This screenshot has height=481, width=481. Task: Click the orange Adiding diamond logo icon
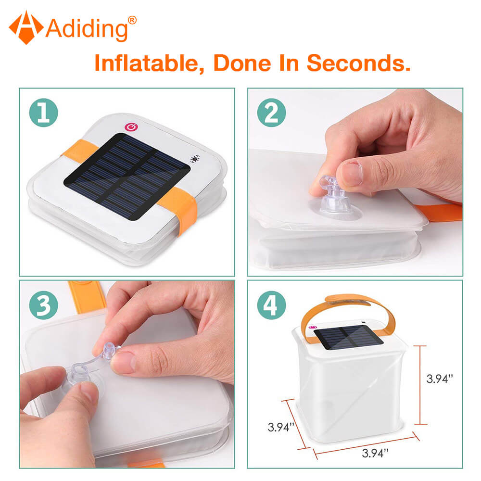coord(26,27)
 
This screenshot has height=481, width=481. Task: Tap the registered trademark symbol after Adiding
coord(132,20)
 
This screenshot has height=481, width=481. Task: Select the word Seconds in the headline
coord(359,63)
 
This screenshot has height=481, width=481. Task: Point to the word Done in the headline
coord(242,63)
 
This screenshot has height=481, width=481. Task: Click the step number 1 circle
coord(44,113)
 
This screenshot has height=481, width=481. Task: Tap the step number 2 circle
coord(271,113)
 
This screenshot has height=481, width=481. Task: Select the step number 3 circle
coord(44,305)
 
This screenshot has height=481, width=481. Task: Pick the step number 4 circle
coord(271,305)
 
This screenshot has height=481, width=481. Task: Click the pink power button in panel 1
coord(131,127)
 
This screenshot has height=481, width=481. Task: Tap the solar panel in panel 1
coord(127,177)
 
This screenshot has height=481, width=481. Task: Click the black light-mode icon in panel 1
coord(195,159)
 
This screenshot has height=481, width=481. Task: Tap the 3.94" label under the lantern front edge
coord(375,453)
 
